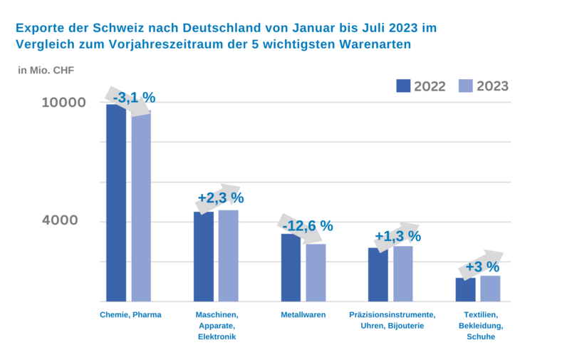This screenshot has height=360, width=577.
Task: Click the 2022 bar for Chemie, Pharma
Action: (x=116, y=203)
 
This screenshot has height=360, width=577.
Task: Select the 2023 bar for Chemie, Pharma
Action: (x=141, y=207)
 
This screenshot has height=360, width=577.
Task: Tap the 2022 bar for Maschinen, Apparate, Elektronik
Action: (x=204, y=257)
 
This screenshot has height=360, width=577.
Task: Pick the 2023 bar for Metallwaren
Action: (x=316, y=272)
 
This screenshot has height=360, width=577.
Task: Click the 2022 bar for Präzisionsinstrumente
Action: (x=378, y=274)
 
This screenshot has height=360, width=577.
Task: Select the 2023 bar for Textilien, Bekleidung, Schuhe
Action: (x=490, y=288)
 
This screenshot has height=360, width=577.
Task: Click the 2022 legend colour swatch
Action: (x=403, y=86)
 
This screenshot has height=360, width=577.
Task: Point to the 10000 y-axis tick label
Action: (x=64, y=103)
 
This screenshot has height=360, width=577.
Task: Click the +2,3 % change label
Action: (x=221, y=197)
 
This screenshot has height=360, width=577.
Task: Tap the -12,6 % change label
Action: (x=308, y=226)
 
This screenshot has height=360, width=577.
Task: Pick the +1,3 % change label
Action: (x=398, y=236)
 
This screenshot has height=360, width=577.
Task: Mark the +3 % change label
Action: (x=482, y=267)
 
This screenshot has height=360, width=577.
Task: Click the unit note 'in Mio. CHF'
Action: (x=46, y=70)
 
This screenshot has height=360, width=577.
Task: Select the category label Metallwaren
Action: (x=303, y=314)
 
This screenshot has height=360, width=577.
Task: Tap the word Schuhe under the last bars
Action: (x=481, y=337)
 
